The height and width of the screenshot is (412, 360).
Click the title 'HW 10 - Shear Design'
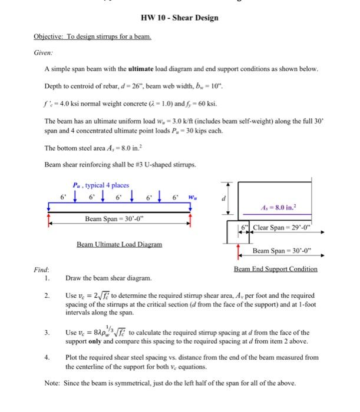180,17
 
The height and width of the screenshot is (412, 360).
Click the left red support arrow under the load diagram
49,218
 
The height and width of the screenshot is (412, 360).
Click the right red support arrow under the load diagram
190,218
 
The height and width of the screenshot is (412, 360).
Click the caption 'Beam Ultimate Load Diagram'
114,244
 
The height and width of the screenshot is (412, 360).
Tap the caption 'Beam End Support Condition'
275,269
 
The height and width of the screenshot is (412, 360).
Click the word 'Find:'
41,269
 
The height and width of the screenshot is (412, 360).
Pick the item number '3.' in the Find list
47,333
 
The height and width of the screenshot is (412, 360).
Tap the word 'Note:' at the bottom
53,383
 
